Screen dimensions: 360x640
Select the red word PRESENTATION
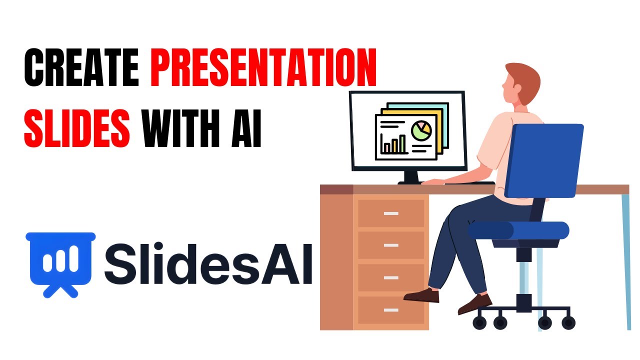263,70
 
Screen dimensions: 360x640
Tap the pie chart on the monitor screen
421,130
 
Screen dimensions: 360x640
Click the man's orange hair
522,75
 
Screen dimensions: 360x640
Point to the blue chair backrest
545,160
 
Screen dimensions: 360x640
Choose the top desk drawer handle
391,213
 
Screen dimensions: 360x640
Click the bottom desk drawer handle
391,310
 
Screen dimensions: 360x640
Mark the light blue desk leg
625,260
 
